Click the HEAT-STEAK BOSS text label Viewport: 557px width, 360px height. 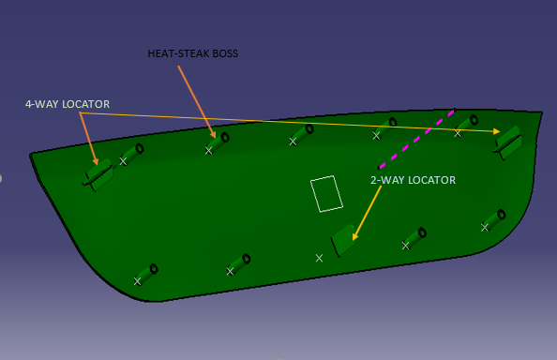click(x=193, y=53)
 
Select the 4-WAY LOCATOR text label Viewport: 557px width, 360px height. click(x=68, y=103)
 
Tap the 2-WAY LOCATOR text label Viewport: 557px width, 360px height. click(x=413, y=179)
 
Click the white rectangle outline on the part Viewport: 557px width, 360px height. click(x=327, y=193)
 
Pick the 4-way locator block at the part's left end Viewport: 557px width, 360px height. click(x=98, y=173)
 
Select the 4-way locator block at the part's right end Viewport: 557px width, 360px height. click(x=509, y=140)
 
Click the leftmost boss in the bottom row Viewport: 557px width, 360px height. click(x=146, y=273)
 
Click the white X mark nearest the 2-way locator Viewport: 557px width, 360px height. click(x=320, y=257)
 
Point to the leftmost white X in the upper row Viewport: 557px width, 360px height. click(x=124, y=160)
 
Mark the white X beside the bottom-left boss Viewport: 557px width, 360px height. click(x=138, y=280)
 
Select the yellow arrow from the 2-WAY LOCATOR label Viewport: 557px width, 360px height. click(x=367, y=214)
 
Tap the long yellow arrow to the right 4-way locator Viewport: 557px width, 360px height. click(x=291, y=122)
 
